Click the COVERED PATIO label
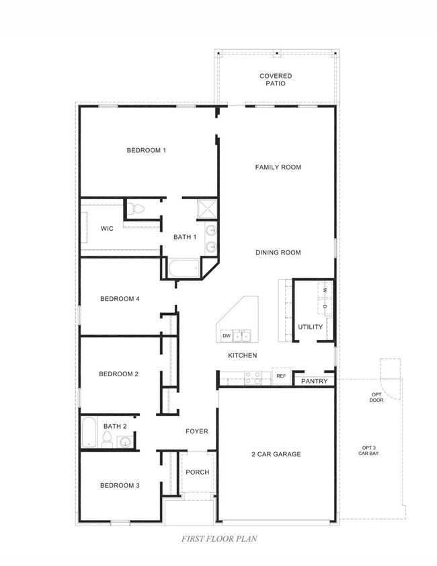click(276, 80)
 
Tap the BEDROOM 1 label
click(146, 150)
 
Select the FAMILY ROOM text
click(278, 167)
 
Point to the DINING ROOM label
click(278, 252)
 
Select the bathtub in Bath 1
click(182, 269)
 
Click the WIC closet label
click(107, 229)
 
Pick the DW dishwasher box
click(227, 335)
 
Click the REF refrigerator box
click(281, 376)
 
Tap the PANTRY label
click(314, 382)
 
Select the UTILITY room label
click(310, 327)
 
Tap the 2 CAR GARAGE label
click(276, 454)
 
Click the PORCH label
click(197, 472)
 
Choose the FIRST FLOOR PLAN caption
click(218, 538)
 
